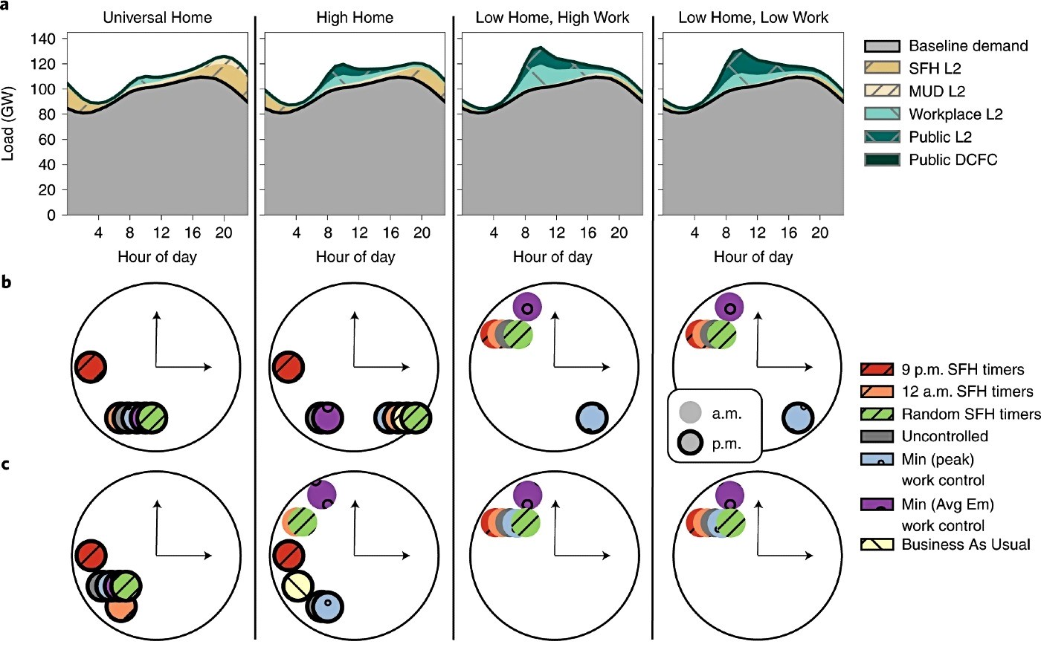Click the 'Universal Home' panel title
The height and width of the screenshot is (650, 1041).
tap(157, 18)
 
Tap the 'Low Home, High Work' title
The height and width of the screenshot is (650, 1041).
tap(552, 18)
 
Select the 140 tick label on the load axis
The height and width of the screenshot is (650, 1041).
tap(43, 39)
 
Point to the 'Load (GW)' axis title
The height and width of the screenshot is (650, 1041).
tap(8, 123)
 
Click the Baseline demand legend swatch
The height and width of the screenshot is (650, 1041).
tap(882, 46)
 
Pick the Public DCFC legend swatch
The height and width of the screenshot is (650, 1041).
tap(882, 160)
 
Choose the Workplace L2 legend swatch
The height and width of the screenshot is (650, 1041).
tap(882, 114)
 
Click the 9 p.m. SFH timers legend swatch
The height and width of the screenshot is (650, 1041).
tap(877, 370)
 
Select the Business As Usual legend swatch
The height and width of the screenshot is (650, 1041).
tap(877, 545)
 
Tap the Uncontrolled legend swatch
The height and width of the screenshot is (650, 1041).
tap(877, 437)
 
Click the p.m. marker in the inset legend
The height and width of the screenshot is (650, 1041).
tap(690, 443)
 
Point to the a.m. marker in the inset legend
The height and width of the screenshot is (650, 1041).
tap(690, 413)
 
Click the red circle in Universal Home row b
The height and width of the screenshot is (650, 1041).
tap(91, 367)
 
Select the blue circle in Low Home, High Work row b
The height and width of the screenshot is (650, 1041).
tap(592, 417)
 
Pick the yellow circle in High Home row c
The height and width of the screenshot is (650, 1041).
tap(297, 587)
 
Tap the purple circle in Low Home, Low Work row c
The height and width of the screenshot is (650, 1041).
tap(729, 495)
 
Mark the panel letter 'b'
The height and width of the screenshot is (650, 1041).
tap(6, 282)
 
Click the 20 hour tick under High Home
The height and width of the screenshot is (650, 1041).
tap(422, 232)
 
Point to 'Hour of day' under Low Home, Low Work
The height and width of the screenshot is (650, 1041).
tap(752, 257)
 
